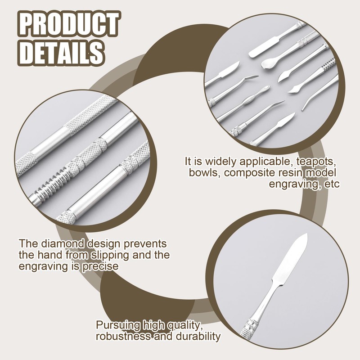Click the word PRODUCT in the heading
click(69, 24)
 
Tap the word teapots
click(316, 162)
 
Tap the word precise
click(100, 266)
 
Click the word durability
click(198, 336)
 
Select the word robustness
click(123, 336)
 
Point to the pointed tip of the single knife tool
click(307, 234)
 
